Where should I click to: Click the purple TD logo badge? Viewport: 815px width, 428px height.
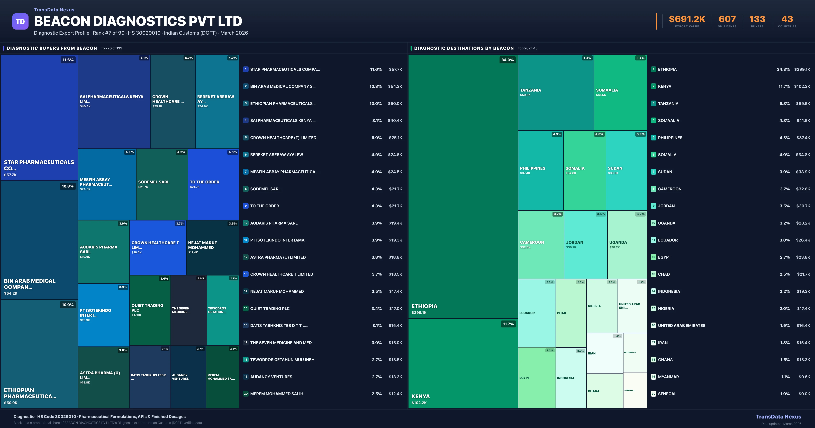pos(20,22)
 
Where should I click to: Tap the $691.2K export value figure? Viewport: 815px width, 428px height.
pos(687,19)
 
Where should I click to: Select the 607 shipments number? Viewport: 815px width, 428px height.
pos(727,19)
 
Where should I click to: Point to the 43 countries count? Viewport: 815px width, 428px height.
pos(787,19)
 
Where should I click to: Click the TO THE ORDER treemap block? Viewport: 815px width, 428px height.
pos(213,184)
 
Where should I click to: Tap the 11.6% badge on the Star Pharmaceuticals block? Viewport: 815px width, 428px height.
pos(68,60)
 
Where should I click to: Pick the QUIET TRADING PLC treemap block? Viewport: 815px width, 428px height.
pos(150,310)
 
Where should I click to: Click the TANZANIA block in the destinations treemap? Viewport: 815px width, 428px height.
pos(556,92)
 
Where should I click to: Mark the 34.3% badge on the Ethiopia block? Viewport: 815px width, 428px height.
pos(508,60)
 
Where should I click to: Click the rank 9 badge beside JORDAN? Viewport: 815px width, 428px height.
pos(653,206)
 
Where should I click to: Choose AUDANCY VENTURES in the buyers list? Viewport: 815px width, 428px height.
pos(271,377)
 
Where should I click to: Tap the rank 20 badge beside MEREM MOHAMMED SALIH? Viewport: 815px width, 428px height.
pos(246,394)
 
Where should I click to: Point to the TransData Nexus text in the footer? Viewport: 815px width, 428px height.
pos(778,417)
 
